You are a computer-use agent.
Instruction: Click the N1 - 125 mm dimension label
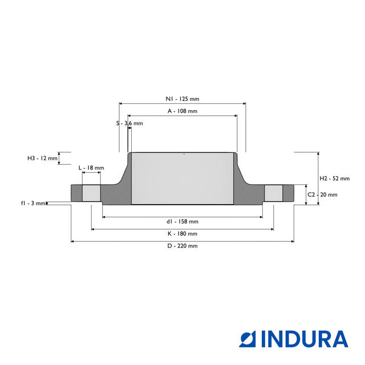coord(182,99)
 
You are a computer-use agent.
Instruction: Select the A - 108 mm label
coord(182,111)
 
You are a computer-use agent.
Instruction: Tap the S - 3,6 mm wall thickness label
coord(129,123)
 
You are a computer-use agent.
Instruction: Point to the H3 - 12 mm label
coord(42,159)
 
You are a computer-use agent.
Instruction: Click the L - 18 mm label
coord(91,168)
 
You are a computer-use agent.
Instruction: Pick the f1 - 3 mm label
coord(33,203)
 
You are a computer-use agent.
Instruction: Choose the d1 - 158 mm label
coord(182,222)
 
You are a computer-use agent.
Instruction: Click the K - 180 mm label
coord(182,234)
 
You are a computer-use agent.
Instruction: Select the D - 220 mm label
coord(182,246)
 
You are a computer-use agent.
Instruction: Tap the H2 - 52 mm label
coord(335,179)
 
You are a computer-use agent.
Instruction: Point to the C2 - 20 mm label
coord(322,194)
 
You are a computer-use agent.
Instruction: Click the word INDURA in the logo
coord(305,339)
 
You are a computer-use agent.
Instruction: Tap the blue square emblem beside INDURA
coord(248,339)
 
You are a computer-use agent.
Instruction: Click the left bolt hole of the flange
coord(91,193)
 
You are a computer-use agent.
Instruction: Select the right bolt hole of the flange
coord(274,193)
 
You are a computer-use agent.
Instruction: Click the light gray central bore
coord(182,179)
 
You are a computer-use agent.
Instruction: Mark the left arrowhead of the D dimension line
coord(72,242)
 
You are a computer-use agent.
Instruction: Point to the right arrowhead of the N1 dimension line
coord(245,104)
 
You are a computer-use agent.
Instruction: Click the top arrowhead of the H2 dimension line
coord(318,153)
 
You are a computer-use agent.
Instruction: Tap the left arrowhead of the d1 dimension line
coord(104,217)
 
